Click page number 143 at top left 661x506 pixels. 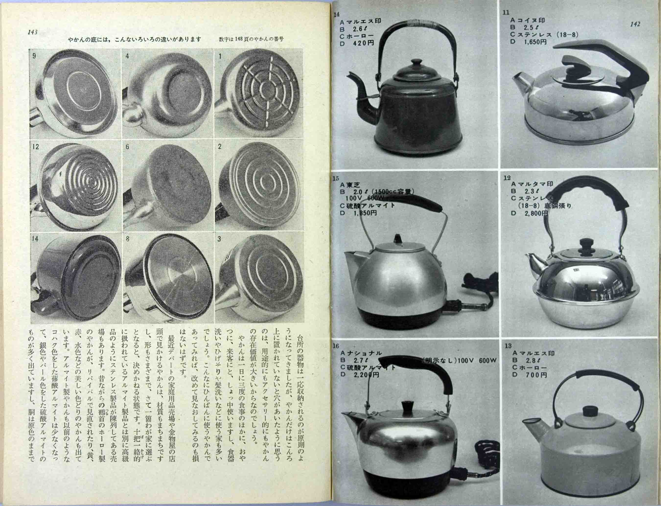pyautogui.click(x=32, y=32)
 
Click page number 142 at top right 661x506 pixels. pyautogui.click(x=635, y=24)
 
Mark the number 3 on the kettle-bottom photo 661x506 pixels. pyautogui.click(x=219, y=239)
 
